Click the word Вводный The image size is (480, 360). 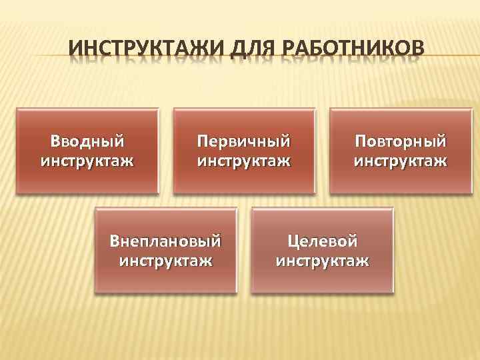(87, 141)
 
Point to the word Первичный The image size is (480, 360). (244, 141)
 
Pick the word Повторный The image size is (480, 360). (400, 141)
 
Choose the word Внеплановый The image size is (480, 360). (166, 239)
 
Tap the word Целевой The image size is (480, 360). (323, 239)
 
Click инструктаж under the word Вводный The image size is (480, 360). (87, 161)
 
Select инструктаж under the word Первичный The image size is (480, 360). (244, 161)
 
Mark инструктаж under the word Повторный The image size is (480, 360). (400, 161)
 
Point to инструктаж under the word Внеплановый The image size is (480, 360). (166, 259)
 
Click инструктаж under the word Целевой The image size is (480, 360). (323, 259)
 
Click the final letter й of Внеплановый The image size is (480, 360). (216, 239)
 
